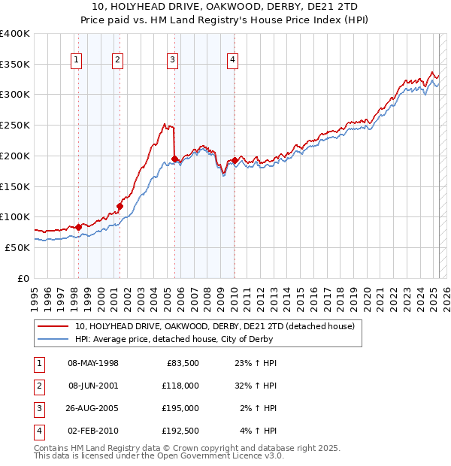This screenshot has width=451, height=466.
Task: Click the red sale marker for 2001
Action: click(x=120, y=206)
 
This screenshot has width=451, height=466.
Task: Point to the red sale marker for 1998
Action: click(x=78, y=226)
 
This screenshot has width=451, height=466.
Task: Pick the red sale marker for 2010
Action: click(x=235, y=160)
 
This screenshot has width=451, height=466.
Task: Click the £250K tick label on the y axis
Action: click(x=15, y=125)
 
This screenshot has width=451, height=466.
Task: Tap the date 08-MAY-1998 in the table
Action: click(x=93, y=363)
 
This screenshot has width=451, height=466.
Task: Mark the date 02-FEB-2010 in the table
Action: click(x=93, y=431)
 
